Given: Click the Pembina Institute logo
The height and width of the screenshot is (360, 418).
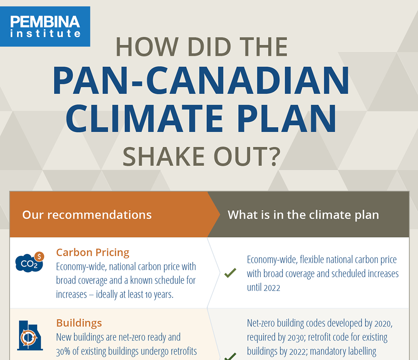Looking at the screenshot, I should [45, 26].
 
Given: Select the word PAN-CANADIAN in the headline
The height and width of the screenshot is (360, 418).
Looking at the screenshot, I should [201, 81].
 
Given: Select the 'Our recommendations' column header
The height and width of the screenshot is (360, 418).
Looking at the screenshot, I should [87, 215].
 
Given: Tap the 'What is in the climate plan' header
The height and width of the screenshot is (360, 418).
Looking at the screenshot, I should [303, 215].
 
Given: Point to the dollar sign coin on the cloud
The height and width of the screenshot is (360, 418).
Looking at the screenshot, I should [39, 256].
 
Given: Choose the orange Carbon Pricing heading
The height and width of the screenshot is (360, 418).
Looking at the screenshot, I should [93, 253].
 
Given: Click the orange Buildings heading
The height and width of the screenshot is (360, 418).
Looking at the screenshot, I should [79, 323].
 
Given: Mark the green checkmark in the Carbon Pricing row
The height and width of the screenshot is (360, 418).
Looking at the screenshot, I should [230, 273].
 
